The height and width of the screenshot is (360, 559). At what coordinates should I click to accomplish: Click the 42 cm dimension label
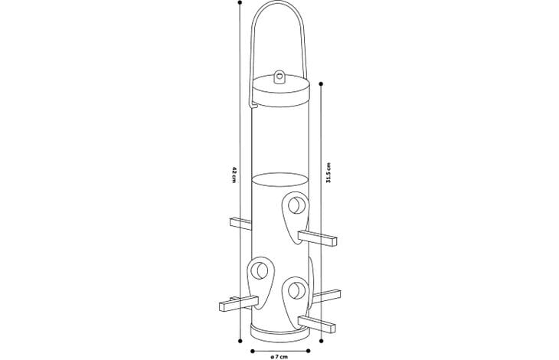pyautogui.click(x=234, y=175)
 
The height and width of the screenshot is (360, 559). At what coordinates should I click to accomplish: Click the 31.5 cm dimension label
pyautogui.click(x=329, y=173)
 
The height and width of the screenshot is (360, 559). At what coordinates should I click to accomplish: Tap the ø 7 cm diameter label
pyautogui.click(x=279, y=356)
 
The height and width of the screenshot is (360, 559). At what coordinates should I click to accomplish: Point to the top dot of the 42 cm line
pyautogui.click(x=240, y=2)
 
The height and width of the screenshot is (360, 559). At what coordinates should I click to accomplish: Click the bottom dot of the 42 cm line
pyautogui.click(x=240, y=341)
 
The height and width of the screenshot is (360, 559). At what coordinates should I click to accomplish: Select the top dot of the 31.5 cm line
pyautogui.click(x=321, y=84)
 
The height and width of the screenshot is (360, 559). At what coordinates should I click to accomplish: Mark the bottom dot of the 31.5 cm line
pyautogui.click(x=321, y=341)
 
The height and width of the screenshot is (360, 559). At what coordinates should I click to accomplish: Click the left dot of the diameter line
pyautogui.click(x=253, y=351)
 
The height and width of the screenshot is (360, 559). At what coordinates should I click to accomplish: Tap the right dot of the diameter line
pyautogui.click(x=308, y=351)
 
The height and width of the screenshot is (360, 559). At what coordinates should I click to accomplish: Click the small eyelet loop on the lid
pyautogui.click(x=279, y=77)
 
